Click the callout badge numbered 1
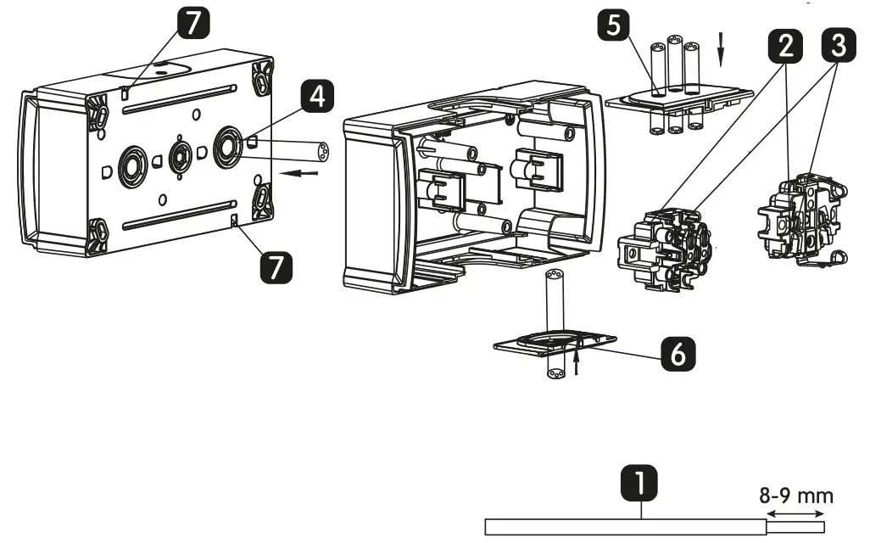[x=641, y=484]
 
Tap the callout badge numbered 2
[x=787, y=48]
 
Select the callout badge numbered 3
[x=837, y=48]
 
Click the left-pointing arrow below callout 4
[x=308, y=174]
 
